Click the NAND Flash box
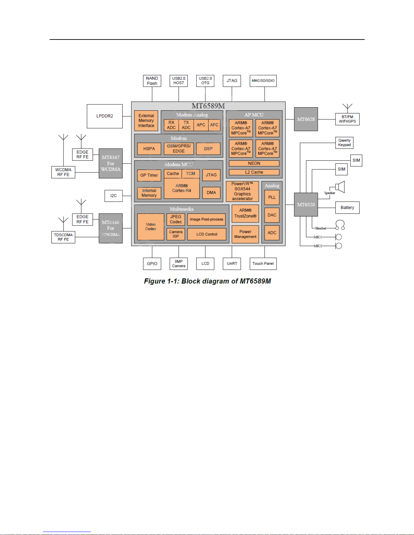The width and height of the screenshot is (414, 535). [152, 81]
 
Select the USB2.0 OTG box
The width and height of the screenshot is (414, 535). [205, 81]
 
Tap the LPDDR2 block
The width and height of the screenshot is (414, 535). [105, 116]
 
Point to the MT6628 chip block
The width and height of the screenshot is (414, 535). [306, 119]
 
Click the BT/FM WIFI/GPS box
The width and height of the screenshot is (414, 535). [347, 119]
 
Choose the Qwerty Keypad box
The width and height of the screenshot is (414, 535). [344, 143]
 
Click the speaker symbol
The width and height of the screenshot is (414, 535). [340, 187]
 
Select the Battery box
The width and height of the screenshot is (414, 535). [347, 208]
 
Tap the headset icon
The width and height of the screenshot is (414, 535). [340, 225]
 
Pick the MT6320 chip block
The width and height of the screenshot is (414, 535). [306, 205]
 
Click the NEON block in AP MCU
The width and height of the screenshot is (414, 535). [254, 163]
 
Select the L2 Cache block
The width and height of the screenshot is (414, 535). [254, 172]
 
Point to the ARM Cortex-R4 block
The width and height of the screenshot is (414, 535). [182, 188]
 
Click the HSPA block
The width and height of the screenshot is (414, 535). [149, 149]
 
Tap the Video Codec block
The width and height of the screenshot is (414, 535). [151, 227]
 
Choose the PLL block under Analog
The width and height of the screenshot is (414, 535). [272, 197]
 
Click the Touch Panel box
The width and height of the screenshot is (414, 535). [263, 264]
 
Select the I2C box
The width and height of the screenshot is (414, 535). [114, 196]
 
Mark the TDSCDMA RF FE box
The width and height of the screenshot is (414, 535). [63, 237]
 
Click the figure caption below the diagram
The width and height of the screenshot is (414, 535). [208, 281]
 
